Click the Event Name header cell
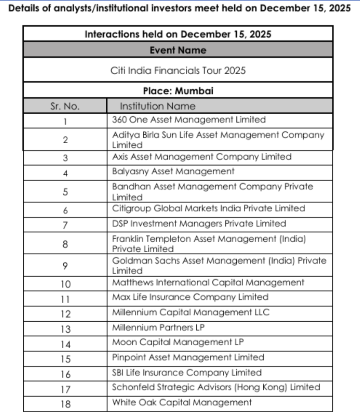pos(178,50)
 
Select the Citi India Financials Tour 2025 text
pos(178,70)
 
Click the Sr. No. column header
pos(65,107)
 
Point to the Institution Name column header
pos(158,107)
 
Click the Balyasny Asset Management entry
pos(173,171)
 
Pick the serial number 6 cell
pos(65,210)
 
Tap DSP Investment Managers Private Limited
pos(199,224)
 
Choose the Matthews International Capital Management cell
pos(208,282)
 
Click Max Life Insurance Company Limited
pos(190,297)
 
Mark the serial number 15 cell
pos(65,359)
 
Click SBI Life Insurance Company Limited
pos(187,373)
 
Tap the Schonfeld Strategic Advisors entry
pos(216,387)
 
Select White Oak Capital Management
pos(182,403)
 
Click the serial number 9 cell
pos(65,266)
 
